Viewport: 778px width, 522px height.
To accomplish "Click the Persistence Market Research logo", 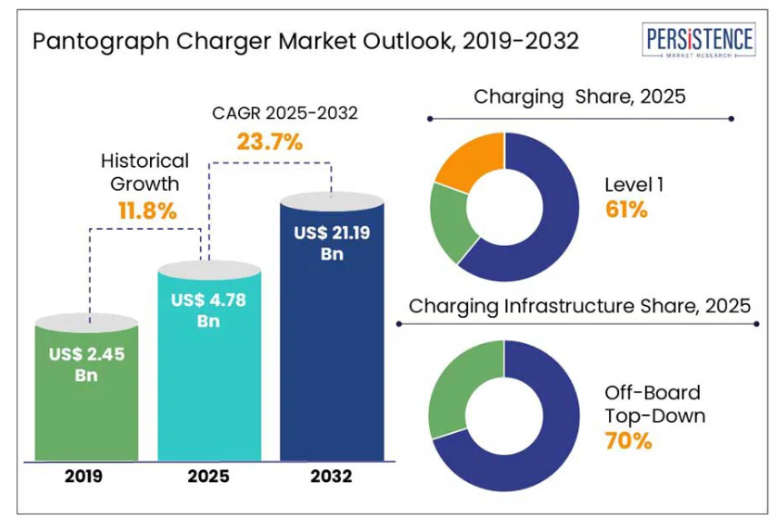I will click(697, 42).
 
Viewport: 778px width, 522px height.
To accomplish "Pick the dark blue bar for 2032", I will click(332, 363).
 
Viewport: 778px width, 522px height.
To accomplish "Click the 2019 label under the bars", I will click(86, 475).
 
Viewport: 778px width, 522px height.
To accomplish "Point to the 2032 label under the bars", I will click(332, 475).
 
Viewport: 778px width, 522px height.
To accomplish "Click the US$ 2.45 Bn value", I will click(86, 364).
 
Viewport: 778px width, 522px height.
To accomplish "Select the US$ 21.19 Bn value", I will click(332, 243).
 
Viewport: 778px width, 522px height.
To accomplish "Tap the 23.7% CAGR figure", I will click(269, 142).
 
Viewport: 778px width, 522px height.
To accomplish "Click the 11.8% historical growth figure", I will click(146, 211).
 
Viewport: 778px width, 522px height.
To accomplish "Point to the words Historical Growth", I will click(145, 172).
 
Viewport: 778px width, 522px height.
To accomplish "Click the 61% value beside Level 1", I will click(626, 211).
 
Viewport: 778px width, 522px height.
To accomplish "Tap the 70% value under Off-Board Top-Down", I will click(628, 442).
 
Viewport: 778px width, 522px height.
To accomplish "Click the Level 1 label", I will click(634, 184).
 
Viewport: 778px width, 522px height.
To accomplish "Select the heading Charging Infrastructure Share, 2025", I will click(580, 306).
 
